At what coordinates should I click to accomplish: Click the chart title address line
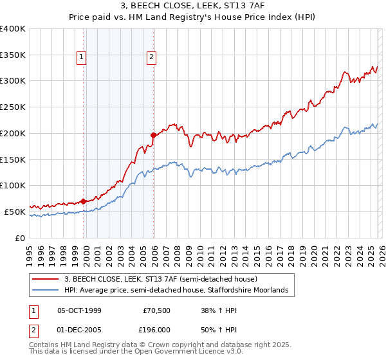click(193, 6)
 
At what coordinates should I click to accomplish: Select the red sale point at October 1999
click(84, 201)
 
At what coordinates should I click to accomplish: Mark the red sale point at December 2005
click(153, 135)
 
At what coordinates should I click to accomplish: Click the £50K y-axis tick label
click(14, 212)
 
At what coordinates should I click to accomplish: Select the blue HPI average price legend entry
click(179, 291)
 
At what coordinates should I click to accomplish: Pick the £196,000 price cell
click(156, 330)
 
